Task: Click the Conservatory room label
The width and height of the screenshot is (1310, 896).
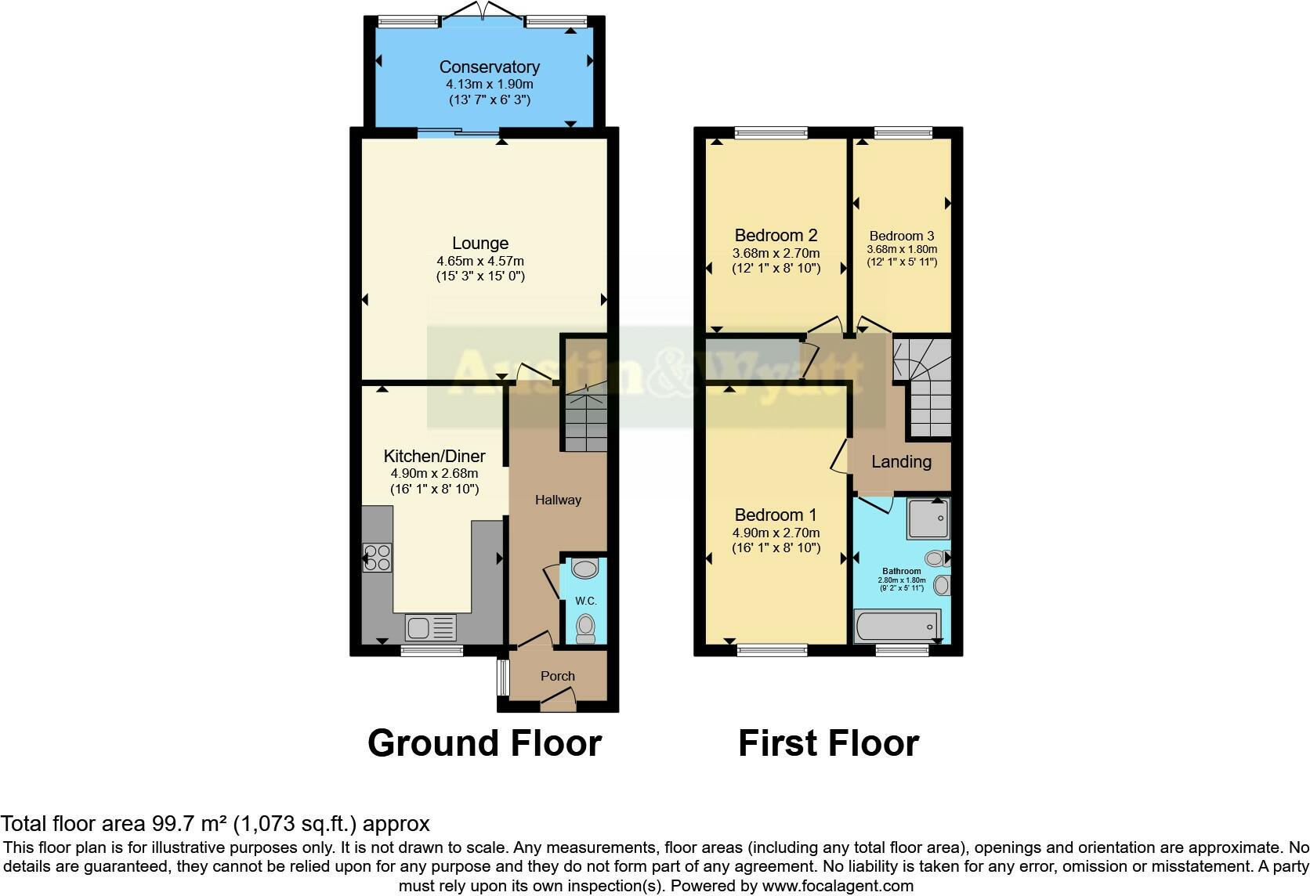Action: pos(489,67)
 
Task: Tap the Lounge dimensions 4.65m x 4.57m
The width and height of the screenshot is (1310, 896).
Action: pos(480,261)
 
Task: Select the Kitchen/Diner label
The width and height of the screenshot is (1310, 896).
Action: pos(434,456)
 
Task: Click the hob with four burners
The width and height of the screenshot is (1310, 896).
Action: pos(377,557)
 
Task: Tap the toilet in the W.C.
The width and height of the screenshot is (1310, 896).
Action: pos(585,627)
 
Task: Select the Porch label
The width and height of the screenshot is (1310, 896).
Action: pos(557,676)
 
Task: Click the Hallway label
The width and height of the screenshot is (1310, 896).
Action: pos(558,500)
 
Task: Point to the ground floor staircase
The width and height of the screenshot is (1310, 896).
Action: pos(586,419)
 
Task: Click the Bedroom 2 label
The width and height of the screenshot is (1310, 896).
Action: pos(776,235)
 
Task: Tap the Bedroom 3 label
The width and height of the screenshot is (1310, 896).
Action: pos(901,236)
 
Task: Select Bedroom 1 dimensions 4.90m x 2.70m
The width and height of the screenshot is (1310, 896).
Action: pos(776,533)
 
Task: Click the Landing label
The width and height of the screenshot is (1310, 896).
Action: pos(901,461)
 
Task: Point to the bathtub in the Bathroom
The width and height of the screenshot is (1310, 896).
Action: pos(896,626)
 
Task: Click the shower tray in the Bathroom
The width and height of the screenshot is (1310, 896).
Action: pos(928,518)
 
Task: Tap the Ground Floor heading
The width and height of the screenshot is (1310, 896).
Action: pos(484,743)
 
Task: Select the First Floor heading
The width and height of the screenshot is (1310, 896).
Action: pos(828,743)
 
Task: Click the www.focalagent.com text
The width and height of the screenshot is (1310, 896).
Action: pos(838,886)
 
